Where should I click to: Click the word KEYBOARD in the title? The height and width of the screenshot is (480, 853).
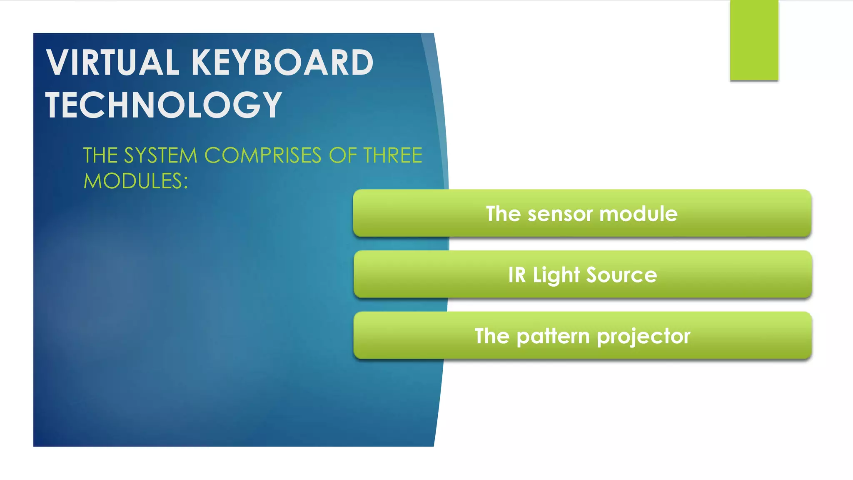(282, 62)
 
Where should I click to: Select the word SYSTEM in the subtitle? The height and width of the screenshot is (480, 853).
(160, 155)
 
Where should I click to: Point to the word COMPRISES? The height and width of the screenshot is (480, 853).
(262, 155)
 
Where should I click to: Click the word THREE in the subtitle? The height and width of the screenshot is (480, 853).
(392, 155)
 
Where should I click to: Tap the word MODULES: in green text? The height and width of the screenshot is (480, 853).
(136, 181)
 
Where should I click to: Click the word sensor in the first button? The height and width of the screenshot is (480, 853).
(560, 214)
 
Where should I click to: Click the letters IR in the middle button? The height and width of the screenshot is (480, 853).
(517, 275)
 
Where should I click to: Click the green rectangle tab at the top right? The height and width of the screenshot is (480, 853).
(754, 40)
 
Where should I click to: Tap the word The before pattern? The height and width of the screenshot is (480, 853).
(491, 336)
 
